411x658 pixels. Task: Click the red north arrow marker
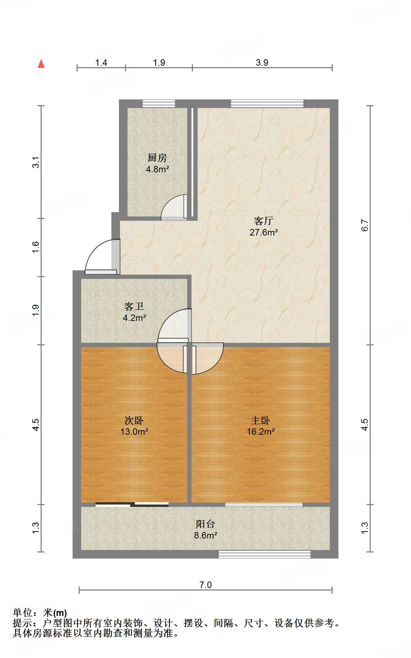pyautogui.click(x=41, y=64)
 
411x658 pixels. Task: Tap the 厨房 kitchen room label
pyautogui.click(x=157, y=158)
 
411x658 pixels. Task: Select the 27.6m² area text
pyautogui.click(x=264, y=233)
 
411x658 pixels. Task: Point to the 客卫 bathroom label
pyautogui.click(x=134, y=306)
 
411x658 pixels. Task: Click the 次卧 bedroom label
pyautogui.click(x=134, y=420)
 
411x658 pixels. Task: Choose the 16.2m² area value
pyautogui.click(x=260, y=432)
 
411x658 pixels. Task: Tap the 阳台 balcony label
pyautogui.click(x=205, y=524)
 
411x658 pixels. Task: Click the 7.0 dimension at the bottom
pyautogui.click(x=205, y=585)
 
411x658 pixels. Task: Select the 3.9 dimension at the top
pyautogui.click(x=262, y=62)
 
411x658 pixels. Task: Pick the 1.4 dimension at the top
pyautogui.click(x=101, y=62)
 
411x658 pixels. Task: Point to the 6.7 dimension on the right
pyautogui.click(x=365, y=225)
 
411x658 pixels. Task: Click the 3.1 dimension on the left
pyautogui.click(x=36, y=162)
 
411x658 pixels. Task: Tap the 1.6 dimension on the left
pyautogui.click(x=36, y=247)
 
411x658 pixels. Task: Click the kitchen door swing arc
pyautogui.click(x=173, y=207)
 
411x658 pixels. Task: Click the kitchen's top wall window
pyautogui.click(x=159, y=104)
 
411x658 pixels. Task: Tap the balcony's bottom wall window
pyautogui.click(x=264, y=554)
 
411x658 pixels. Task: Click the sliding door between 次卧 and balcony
pyautogui.click(x=132, y=504)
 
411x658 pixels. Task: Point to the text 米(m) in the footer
pyautogui.click(x=55, y=613)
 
